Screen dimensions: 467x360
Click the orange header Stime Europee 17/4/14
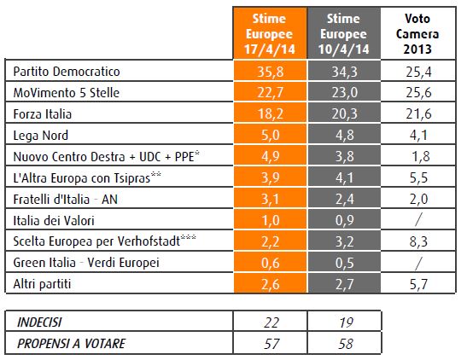click(x=270, y=33)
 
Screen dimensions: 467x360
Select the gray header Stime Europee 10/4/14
click(x=344, y=33)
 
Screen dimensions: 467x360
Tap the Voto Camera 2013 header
click(x=417, y=33)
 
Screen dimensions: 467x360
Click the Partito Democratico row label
click(x=67, y=72)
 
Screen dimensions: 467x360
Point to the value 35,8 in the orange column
click(x=270, y=72)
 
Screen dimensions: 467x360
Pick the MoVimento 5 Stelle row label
click(x=67, y=93)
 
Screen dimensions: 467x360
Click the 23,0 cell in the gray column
click(x=345, y=92)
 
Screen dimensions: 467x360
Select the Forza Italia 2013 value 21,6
click(x=418, y=114)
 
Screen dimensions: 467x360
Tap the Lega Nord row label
click(x=41, y=136)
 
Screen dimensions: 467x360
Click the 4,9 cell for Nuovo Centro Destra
click(x=271, y=156)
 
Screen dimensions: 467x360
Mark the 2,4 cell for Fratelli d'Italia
click(x=345, y=199)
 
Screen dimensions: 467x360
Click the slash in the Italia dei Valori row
click(x=418, y=220)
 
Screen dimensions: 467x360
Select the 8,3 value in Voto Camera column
click(x=418, y=241)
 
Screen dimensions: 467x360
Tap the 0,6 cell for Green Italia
click(x=271, y=263)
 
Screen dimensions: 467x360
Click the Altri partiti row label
click(x=42, y=284)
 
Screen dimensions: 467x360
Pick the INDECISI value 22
click(x=271, y=322)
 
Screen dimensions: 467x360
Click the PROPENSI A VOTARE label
click(x=72, y=344)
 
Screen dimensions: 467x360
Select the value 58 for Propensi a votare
click(x=346, y=344)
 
